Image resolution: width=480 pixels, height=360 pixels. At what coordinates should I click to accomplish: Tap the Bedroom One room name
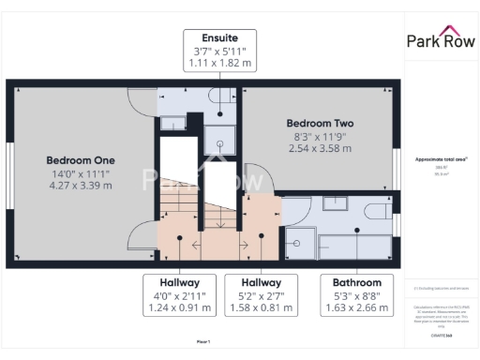[81, 159]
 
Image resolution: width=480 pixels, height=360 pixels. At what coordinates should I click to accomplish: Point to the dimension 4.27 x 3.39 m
[81, 185]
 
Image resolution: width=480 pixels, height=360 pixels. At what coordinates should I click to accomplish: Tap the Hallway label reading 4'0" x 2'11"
[179, 295]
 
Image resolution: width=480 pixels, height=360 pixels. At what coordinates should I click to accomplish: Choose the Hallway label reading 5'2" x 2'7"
[261, 295]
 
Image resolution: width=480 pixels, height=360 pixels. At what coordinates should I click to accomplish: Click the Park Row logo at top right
[441, 40]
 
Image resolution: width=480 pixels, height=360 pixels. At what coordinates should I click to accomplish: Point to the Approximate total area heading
[440, 159]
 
